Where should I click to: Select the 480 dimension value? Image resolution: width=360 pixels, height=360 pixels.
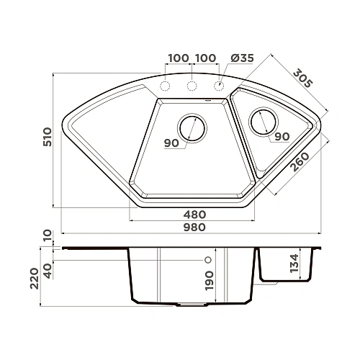tap(194, 214)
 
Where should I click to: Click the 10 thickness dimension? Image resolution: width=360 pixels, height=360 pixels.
tap(48, 235)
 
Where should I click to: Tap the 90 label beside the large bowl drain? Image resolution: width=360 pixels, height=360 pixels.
tap(171, 143)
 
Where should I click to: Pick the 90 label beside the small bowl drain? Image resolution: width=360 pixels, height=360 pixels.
tap(282, 137)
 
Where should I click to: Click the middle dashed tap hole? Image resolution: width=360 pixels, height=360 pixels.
tap(192, 86)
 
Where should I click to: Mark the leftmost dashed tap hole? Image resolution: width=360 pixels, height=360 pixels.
tap(165, 86)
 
